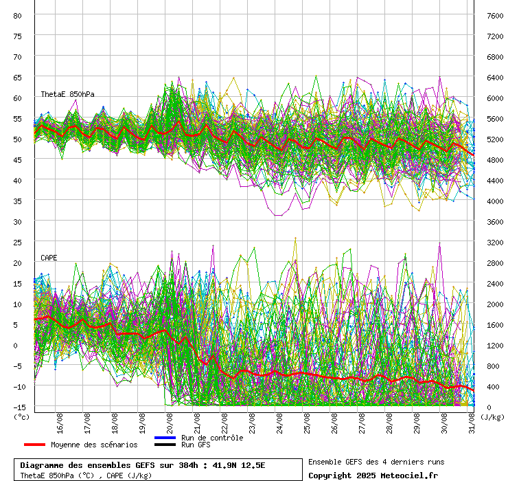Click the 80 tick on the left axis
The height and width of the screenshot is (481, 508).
[18, 15]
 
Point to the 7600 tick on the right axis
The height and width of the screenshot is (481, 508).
[495, 15]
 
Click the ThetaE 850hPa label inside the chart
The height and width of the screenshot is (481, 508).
[67, 94]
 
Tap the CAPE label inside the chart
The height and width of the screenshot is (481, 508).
[49, 258]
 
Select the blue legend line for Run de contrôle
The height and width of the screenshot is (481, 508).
[165, 438]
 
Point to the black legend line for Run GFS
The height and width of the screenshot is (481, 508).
[165, 445]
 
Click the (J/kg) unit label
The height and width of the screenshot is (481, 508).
[492, 416]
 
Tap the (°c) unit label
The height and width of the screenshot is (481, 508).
[21, 416]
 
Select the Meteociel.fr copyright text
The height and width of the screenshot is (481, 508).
[404, 475]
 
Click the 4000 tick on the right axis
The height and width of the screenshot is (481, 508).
[495, 201]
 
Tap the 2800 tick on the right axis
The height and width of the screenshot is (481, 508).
[495, 262]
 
